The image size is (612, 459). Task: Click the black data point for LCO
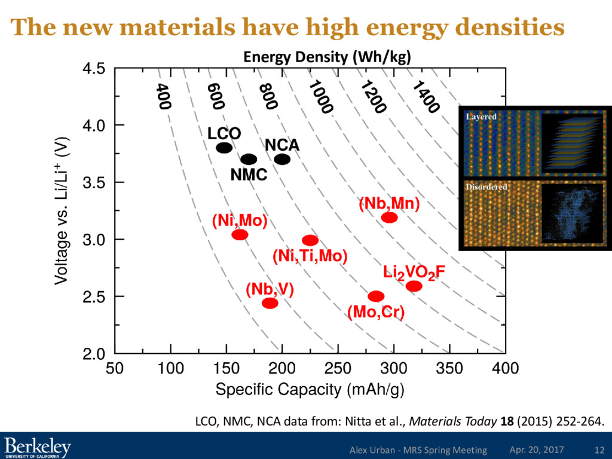224,148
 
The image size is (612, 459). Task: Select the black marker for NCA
282,159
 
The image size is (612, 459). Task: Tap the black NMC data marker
249,160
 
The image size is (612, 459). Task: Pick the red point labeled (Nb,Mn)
389,217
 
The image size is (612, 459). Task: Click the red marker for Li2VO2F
414,286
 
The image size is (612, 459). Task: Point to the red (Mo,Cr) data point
376,296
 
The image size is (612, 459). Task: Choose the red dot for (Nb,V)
270,303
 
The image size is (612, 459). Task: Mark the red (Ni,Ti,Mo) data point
310,240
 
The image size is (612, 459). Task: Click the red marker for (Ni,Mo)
240,235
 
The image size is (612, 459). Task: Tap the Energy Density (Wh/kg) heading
327,57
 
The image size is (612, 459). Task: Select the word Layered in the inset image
481,117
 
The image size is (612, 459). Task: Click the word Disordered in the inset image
486,187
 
